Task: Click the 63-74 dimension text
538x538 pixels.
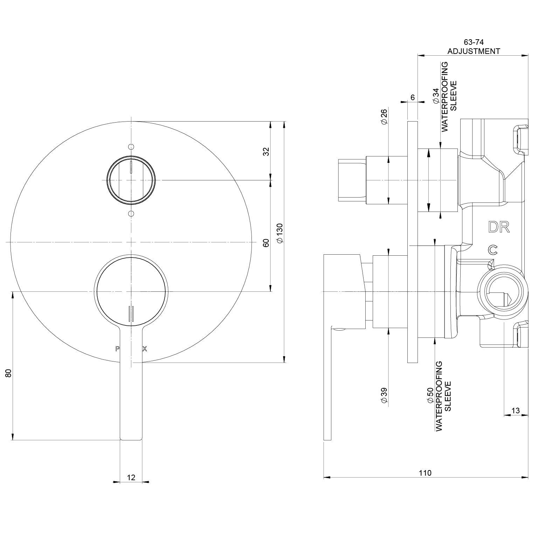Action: (473, 42)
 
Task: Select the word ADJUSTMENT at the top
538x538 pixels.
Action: (474, 51)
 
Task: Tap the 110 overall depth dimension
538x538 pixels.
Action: (425, 473)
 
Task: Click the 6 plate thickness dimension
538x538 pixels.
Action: (413, 97)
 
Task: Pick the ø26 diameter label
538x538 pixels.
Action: (384, 117)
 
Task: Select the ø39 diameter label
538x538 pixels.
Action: (384, 395)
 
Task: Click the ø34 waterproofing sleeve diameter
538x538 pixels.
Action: (436, 96)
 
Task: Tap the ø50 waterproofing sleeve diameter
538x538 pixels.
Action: (430, 395)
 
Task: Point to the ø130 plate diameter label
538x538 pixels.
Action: (279, 233)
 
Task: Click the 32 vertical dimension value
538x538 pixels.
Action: (266, 151)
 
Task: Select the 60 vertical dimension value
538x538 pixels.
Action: (266, 243)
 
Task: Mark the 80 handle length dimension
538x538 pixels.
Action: (9, 373)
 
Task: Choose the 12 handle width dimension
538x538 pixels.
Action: (131, 477)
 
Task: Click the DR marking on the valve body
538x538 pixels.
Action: (499, 227)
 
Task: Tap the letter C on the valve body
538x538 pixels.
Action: (493, 249)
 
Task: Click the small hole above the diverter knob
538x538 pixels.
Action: (131, 146)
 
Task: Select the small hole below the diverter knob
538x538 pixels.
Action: (131, 213)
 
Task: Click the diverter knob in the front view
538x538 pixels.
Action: (131, 180)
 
